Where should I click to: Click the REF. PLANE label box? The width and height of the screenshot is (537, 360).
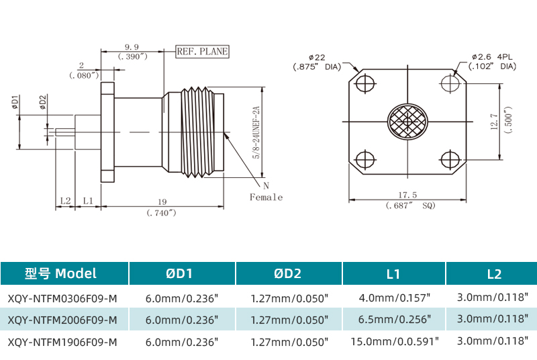(x=202, y=51)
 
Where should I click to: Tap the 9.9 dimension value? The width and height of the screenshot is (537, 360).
(x=132, y=47)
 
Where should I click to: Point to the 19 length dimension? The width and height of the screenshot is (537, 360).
(x=161, y=201)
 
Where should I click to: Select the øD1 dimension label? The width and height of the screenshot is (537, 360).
(x=15, y=103)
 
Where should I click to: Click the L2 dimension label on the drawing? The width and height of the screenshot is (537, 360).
(x=65, y=201)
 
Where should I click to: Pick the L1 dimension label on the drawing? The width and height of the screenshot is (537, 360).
(x=88, y=201)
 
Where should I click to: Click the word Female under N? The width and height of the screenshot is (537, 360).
(x=266, y=197)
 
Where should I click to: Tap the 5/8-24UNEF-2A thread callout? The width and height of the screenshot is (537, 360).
(x=256, y=132)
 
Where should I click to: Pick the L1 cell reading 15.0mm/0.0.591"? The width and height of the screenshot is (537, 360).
(x=395, y=341)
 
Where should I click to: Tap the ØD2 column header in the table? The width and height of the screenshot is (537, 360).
(x=289, y=273)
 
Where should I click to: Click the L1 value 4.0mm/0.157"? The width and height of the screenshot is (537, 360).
(x=394, y=296)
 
